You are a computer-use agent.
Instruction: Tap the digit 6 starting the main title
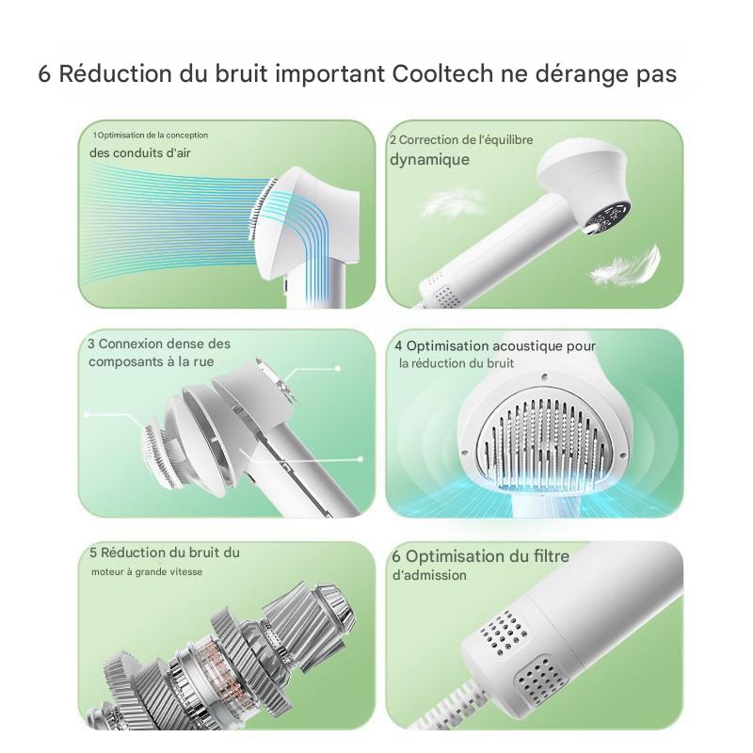coord(44,75)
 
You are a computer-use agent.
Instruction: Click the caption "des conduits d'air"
coord(140,152)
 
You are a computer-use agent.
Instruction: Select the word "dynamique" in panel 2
coord(429,159)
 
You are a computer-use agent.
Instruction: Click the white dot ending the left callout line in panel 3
coord(87,414)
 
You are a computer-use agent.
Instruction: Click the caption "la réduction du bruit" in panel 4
coord(457,363)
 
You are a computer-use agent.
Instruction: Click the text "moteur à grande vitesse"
coord(147,571)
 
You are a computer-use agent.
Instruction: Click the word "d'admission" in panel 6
coord(429,575)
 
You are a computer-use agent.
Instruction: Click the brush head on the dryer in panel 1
coord(262,209)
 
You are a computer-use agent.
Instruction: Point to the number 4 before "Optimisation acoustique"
coord(399,346)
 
